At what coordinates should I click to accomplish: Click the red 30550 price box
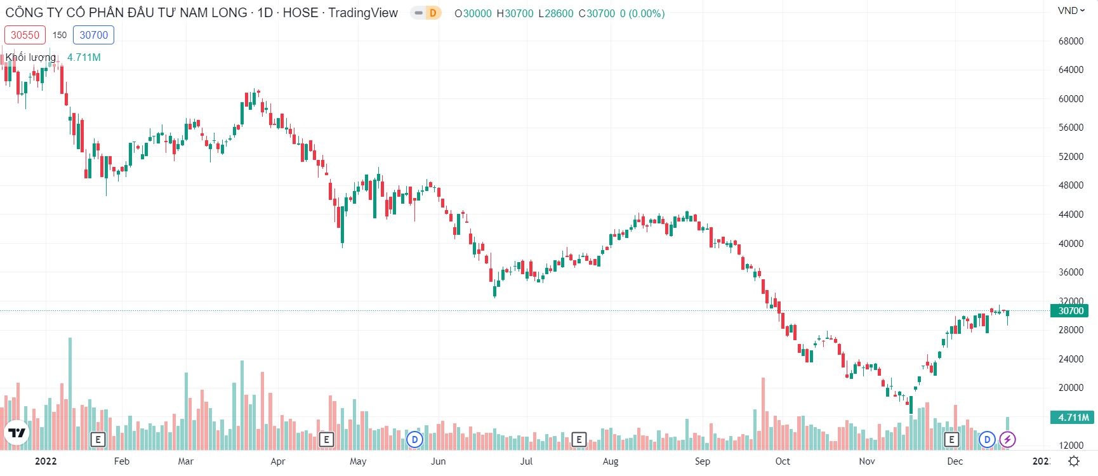point(25,35)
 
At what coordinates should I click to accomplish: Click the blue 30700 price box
point(93,35)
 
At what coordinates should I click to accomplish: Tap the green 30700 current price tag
point(1071,311)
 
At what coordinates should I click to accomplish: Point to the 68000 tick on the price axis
point(1071,41)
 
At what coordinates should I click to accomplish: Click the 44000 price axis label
point(1071,215)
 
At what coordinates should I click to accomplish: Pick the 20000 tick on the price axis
point(1071,388)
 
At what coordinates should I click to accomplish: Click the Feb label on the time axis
point(121,461)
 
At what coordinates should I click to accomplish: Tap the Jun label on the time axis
point(438,461)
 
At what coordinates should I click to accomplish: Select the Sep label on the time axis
point(702,461)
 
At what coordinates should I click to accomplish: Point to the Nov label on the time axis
point(866,461)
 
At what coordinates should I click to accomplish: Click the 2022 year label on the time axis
point(46,461)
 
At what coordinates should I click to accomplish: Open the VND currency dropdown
point(1071,11)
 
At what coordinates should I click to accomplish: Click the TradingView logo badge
point(18,433)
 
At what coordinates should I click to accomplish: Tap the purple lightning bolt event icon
point(1007,439)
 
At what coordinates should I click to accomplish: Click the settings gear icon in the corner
point(1074,461)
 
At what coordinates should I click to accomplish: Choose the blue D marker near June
point(414,439)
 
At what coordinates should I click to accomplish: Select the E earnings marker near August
point(578,439)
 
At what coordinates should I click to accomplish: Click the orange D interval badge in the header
point(433,13)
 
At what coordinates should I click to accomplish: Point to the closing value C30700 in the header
point(597,13)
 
